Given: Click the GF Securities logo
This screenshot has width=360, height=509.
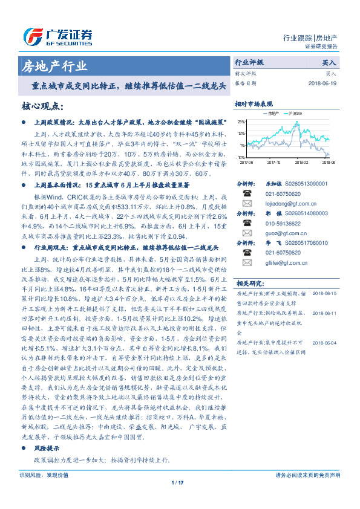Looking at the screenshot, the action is point(57,35).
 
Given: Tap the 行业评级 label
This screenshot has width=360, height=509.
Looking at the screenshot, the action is point(249,62).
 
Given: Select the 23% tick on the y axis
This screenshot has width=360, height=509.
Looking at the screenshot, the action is point(241,122).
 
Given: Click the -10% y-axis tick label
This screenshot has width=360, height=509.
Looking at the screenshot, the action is point(241,157).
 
